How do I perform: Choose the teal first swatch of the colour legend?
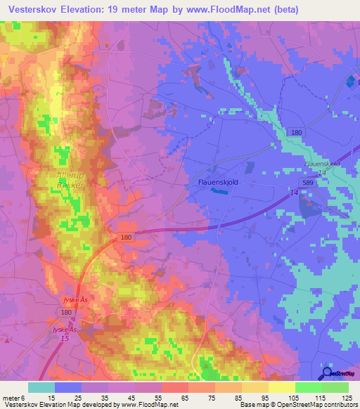point(41,387)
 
